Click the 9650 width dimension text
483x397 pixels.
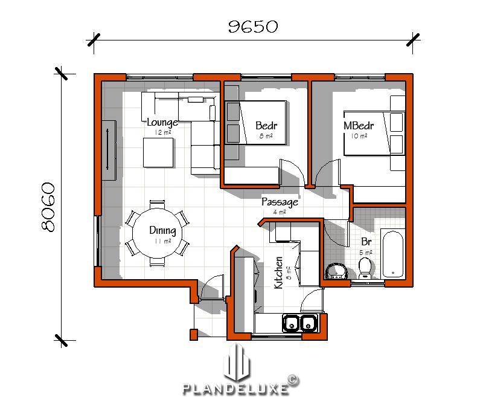point(252,27)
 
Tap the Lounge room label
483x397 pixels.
point(162,123)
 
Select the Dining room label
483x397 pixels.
point(162,230)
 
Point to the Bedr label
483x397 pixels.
point(266,126)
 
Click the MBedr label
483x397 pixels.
point(359,126)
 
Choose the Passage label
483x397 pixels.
point(280,202)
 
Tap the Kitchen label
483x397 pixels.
point(278,273)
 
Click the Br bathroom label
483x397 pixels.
point(365,243)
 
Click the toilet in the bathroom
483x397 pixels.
point(365,267)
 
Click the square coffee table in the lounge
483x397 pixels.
point(159,153)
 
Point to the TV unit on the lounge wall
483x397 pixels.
point(109,150)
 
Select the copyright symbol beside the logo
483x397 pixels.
point(293,379)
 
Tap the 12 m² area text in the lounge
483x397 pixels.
point(161,132)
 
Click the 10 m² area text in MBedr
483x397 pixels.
point(359,136)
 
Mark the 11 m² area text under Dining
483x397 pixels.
point(162,241)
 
